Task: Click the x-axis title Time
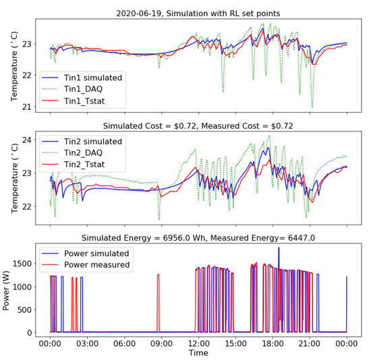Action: click(198, 353)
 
